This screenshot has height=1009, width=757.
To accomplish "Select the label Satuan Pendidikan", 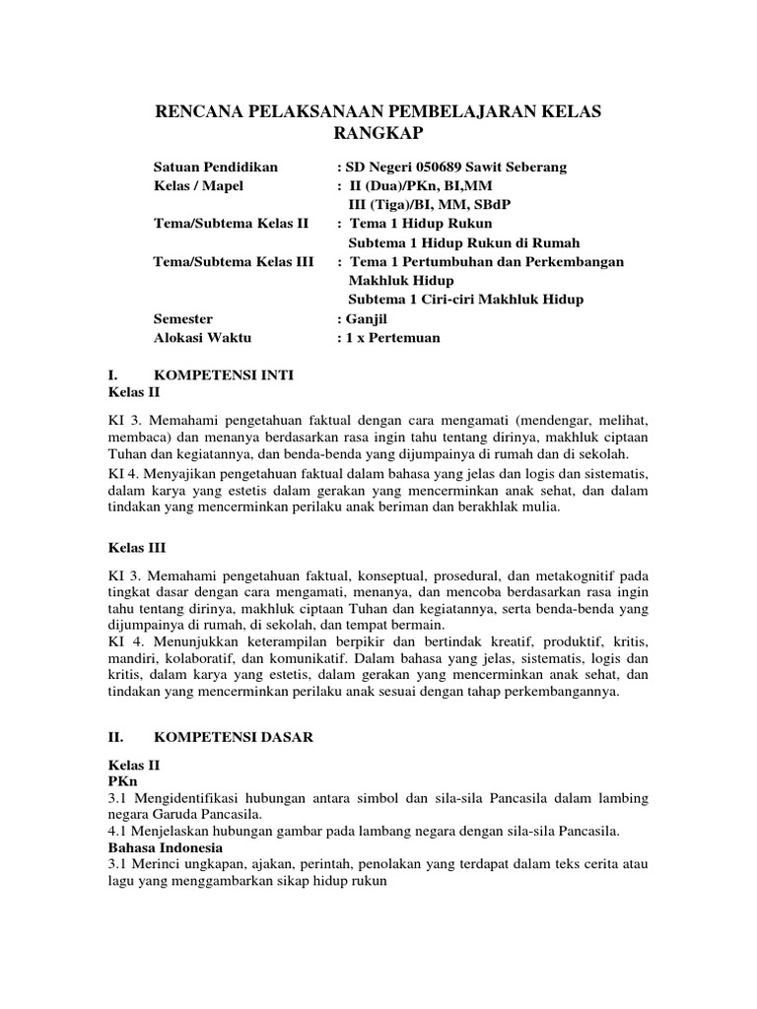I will point(216,168).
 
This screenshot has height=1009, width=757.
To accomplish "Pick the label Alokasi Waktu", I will point(203,338).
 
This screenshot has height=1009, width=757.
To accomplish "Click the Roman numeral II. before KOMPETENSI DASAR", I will point(113,736).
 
